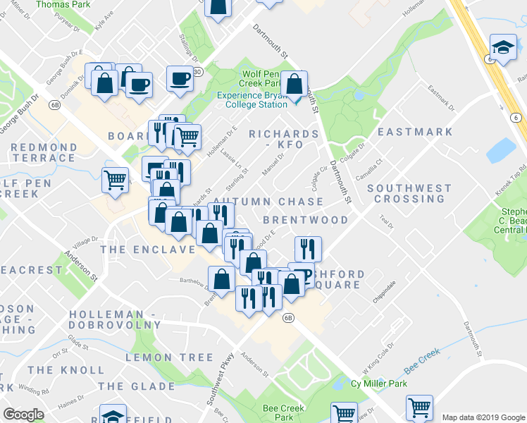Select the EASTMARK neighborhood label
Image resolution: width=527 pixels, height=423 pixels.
[415, 132]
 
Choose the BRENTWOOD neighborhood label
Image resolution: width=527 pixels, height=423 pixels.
[305, 220]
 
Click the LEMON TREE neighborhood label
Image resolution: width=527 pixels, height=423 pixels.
[169, 358]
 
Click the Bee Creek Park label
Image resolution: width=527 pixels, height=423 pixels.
[283, 413]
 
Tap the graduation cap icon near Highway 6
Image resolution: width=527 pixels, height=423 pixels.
[503, 48]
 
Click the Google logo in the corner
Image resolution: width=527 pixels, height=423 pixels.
[23, 415]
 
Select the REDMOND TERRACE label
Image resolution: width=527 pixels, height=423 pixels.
[44, 153]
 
